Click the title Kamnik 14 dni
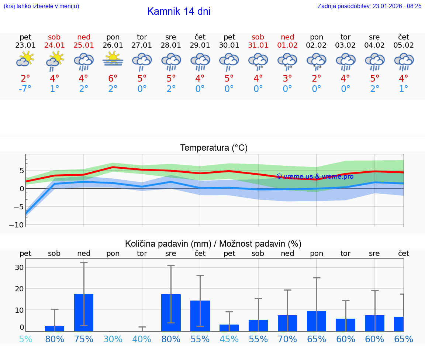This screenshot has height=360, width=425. (x=179, y=11)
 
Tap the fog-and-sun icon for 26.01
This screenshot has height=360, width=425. (x=113, y=59)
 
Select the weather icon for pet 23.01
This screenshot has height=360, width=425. (x=25, y=59)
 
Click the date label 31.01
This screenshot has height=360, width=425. (x=258, y=45)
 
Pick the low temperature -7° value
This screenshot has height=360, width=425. (x=25, y=89)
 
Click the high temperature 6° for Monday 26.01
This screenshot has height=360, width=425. (x=113, y=78)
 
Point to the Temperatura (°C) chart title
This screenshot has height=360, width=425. (x=214, y=148)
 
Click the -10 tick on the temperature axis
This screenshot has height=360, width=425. (x=19, y=225)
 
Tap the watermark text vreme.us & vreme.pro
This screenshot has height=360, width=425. (x=315, y=176)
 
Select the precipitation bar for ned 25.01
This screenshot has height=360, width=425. (x=84, y=312)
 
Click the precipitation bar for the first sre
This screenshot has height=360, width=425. (x=171, y=312)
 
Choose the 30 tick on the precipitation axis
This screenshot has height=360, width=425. (x=19, y=267)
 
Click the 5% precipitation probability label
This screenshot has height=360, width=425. (x=25, y=339)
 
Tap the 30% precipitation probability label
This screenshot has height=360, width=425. (x=113, y=339)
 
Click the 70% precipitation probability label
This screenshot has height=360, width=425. (x=287, y=339)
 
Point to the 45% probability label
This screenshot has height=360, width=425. (x=229, y=339)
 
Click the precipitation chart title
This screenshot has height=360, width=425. (x=213, y=244)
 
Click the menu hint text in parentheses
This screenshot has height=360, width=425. (x=41, y=6)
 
